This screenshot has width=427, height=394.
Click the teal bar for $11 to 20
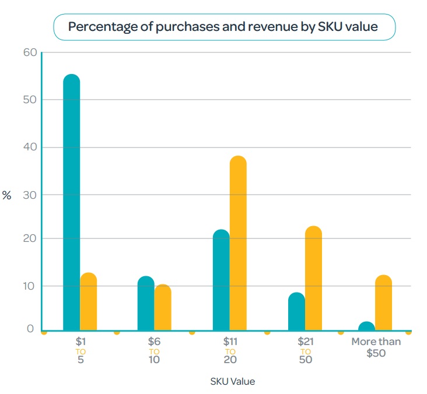click(221, 280)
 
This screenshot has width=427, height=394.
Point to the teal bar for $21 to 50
click(296, 311)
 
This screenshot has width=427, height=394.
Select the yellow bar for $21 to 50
click(313, 278)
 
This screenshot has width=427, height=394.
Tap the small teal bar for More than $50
click(366, 326)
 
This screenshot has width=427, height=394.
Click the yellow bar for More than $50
click(383, 302)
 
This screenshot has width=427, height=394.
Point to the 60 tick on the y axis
click(30, 52)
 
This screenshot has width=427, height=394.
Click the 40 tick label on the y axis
click(30, 147)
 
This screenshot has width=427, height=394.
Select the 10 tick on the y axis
click(30, 286)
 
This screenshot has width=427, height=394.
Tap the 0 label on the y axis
click(30, 329)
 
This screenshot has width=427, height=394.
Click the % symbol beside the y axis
click(7, 195)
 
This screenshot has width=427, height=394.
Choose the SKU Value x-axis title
click(232, 382)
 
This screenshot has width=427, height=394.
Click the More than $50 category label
click(376, 347)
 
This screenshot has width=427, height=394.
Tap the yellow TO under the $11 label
click(230, 351)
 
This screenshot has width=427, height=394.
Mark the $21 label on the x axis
click(305, 342)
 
